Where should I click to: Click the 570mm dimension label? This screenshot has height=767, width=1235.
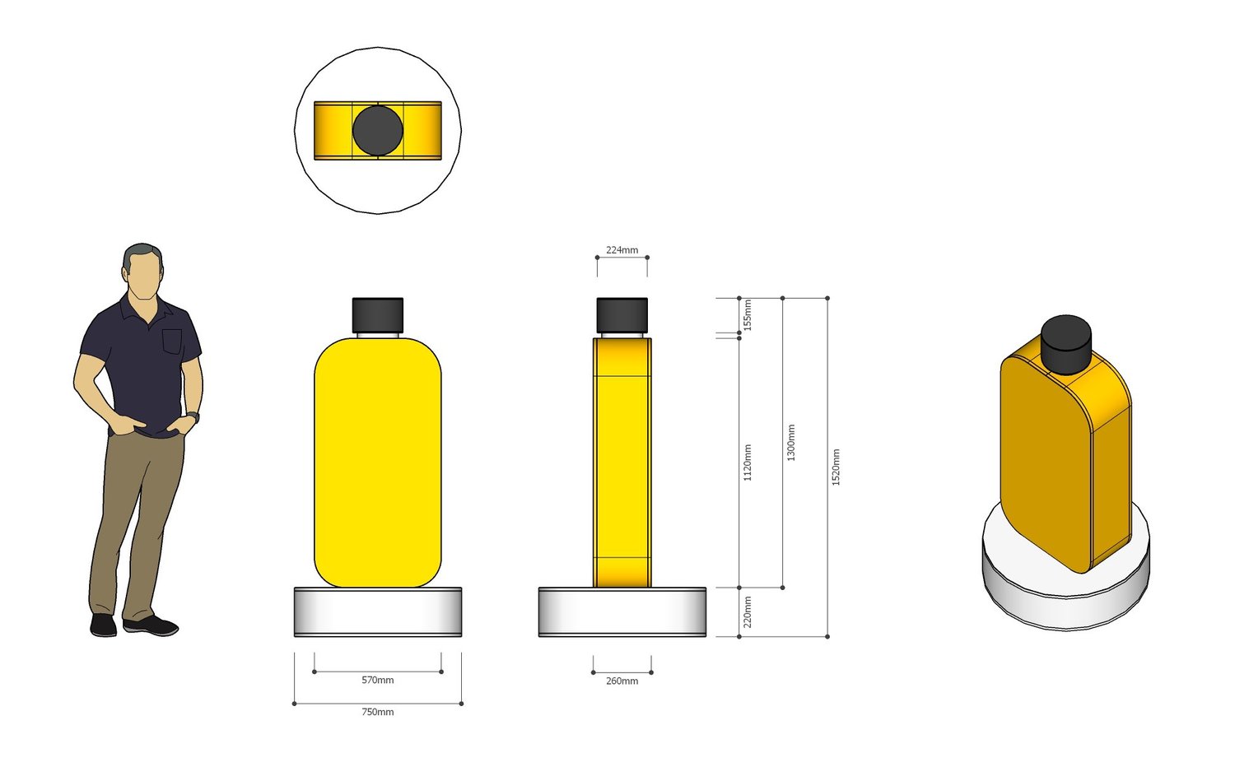point(378,680)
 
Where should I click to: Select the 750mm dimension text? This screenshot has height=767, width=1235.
point(378,712)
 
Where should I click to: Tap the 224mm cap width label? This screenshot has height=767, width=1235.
point(622,250)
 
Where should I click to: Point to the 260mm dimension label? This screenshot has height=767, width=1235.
point(622,681)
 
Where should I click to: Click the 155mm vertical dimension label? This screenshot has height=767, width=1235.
point(748,315)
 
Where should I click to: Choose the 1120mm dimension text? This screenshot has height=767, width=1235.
point(748,463)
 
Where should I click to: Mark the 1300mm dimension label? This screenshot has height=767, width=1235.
point(790,443)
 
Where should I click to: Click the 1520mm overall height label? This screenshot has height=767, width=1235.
point(836,467)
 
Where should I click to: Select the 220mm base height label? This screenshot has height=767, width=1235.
point(748,611)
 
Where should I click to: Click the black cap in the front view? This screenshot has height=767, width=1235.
point(378,315)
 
